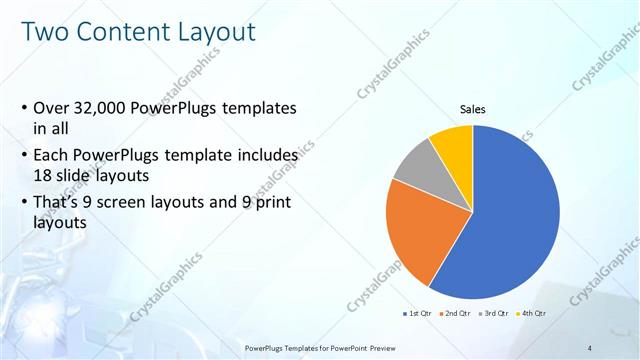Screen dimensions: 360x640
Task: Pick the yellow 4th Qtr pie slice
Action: coord(453,142)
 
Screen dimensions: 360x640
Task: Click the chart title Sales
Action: coord(473,109)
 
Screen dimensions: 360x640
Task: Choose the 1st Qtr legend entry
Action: coord(419,313)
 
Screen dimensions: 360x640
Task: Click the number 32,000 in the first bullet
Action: coord(105,108)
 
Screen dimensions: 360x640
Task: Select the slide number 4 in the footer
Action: coord(590,347)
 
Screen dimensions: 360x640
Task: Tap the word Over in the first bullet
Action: coord(52,108)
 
